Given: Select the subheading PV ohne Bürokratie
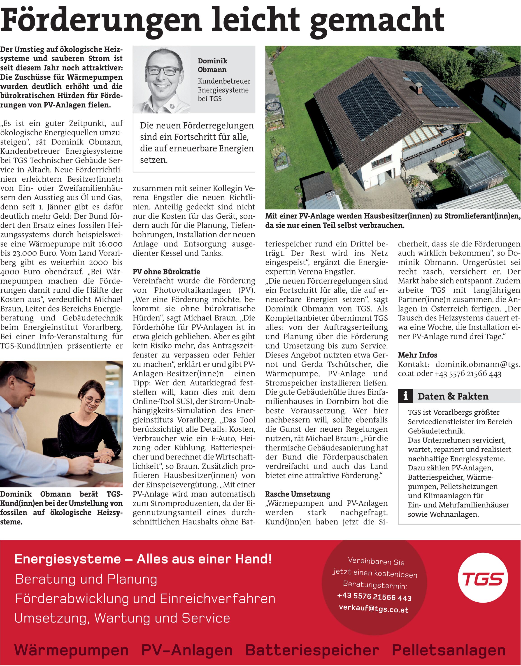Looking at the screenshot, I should [166, 272].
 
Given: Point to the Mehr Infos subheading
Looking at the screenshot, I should [417, 355].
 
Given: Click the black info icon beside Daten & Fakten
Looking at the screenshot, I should [405, 396].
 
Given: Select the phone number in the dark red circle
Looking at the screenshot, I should [374, 597].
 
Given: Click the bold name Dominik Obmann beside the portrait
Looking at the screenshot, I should [212, 65].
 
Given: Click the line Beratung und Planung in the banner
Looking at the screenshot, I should [86, 579].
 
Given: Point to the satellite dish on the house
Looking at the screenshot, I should [468, 134].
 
